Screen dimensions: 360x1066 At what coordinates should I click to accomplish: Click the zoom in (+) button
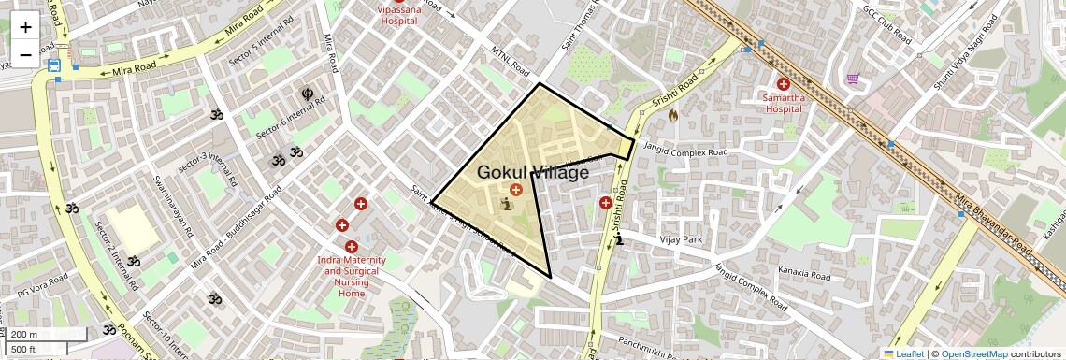(25, 27)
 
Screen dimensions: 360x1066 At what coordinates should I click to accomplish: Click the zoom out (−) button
(25, 54)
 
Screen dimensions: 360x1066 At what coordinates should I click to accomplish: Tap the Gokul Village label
(533, 172)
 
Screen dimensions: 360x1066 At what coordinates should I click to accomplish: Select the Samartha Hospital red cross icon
(783, 84)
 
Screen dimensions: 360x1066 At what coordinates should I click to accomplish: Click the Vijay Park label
(681, 240)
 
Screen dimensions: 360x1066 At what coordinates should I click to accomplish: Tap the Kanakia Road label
(803, 276)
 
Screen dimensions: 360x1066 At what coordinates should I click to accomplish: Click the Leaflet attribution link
(903, 353)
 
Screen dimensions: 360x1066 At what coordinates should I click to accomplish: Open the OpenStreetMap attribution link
(974, 353)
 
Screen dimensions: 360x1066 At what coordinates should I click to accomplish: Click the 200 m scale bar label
(24, 335)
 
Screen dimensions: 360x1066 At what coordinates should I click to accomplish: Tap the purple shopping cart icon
(853, 79)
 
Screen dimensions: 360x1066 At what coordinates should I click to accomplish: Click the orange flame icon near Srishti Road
(671, 115)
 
